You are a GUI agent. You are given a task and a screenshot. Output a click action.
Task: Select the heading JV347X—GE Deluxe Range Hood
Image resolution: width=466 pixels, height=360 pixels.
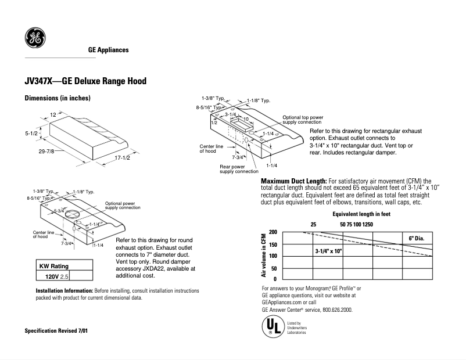point(85,81)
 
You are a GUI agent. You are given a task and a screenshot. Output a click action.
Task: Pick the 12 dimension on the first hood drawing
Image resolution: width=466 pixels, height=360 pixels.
point(53,114)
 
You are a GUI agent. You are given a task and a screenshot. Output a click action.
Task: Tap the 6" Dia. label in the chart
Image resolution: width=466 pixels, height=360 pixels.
point(417,239)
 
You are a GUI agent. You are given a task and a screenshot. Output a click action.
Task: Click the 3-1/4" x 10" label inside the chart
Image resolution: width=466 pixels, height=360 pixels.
point(329,251)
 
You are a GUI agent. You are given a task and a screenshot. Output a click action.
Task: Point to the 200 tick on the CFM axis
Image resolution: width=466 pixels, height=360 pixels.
point(273,232)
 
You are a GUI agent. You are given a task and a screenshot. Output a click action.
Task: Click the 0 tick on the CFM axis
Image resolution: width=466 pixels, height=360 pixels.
point(275,279)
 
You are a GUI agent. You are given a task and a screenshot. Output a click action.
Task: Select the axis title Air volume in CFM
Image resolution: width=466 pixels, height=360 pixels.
point(263,255)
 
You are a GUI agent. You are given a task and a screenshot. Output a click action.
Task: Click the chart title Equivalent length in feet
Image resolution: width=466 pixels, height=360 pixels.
point(360,214)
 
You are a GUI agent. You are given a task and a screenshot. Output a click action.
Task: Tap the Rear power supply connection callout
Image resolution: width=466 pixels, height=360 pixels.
point(239,169)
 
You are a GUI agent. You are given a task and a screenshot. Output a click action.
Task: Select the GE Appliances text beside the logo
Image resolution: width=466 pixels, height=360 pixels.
point(108,50)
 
